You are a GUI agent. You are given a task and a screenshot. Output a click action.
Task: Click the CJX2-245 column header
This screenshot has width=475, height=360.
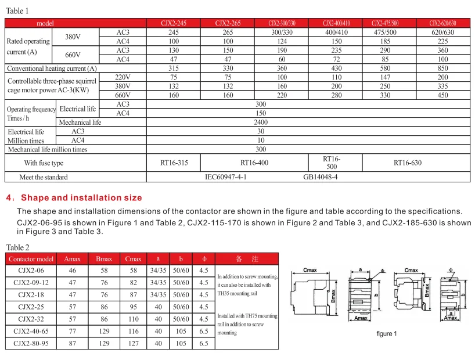173,23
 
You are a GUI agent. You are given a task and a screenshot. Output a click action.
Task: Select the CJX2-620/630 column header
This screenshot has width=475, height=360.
442,23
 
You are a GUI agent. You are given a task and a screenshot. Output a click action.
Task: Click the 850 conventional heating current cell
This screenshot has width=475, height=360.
442,69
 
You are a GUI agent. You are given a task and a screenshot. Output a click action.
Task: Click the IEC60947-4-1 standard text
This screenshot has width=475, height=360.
226,177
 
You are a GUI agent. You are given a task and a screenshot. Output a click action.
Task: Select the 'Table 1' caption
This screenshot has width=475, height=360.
17,11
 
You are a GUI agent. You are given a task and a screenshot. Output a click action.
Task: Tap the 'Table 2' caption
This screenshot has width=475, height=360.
17,247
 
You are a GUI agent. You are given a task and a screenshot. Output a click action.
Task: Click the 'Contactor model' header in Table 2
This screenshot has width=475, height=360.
33,259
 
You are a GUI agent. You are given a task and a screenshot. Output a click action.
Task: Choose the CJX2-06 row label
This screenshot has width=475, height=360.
33,271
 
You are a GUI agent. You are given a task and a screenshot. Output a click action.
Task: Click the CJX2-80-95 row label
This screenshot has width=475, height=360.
33,344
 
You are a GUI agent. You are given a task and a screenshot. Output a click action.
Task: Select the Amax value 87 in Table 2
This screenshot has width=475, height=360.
72,344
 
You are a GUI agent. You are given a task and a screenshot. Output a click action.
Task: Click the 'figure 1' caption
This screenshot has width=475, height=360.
387,334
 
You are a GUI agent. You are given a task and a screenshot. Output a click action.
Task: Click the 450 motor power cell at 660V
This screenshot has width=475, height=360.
442,95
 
